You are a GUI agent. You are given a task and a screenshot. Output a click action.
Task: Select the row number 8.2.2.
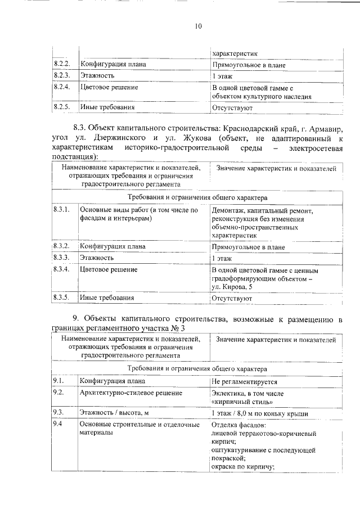(61, 64)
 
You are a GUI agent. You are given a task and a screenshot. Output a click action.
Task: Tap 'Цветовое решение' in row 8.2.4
(109, 88)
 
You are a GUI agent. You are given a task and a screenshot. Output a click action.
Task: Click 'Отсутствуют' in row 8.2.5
(232, 107)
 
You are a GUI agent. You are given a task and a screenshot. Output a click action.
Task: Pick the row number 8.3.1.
(61, 210)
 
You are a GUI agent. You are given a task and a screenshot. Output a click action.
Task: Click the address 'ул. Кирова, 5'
(232, 287)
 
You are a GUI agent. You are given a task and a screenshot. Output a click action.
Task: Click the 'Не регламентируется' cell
(244, 382)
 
